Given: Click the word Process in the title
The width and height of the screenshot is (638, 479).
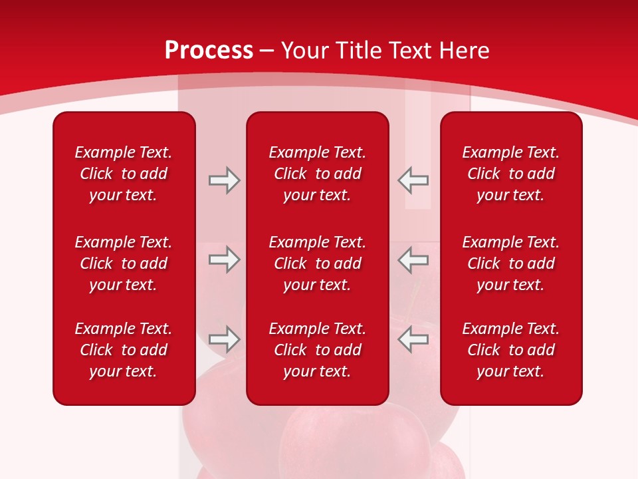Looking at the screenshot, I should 209,51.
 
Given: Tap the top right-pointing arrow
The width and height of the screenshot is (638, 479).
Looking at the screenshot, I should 224,180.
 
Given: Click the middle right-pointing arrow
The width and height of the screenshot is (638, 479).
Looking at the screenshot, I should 224,259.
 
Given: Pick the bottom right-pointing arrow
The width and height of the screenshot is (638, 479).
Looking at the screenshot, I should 224,339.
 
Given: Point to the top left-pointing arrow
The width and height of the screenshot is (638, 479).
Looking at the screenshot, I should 413,180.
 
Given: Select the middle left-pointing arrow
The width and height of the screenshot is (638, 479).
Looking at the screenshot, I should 413,259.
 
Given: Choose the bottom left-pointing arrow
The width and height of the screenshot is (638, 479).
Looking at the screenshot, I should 413,339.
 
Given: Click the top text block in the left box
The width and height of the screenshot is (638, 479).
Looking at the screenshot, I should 124,174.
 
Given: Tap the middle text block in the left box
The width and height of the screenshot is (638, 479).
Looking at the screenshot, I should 124,263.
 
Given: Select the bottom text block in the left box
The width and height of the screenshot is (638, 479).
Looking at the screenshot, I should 124,350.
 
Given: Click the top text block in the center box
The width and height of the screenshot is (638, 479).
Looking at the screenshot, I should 318,174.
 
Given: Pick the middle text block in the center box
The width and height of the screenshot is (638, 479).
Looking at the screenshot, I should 318,263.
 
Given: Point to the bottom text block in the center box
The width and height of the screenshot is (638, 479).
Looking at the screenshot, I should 318,350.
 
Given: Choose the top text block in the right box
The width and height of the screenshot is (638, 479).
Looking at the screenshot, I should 511,174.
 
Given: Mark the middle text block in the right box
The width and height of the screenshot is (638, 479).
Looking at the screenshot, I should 511,263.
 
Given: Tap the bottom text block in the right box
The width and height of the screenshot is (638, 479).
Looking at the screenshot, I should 511,350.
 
